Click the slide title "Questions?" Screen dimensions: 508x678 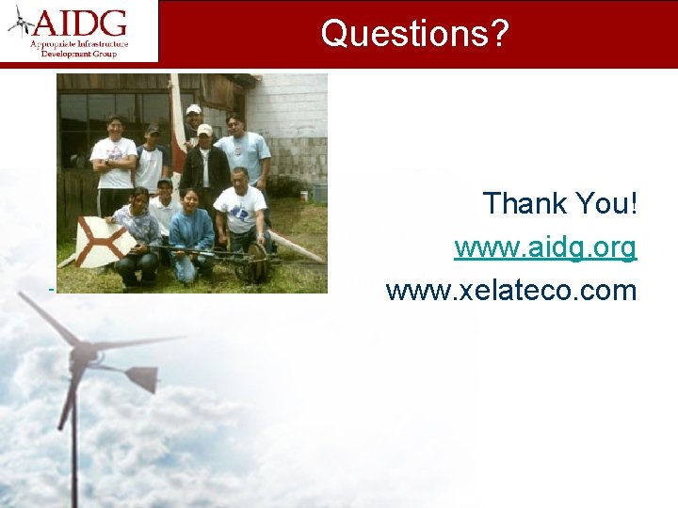click(413, 33)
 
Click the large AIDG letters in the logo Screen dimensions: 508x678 click(82, 22)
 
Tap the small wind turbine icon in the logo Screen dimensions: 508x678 click(22, 22)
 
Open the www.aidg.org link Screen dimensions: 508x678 click(545, 247)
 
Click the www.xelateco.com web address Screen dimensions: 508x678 click(511, 291)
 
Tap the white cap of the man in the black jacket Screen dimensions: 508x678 click(204, 130)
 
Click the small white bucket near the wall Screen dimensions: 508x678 click(304, 196)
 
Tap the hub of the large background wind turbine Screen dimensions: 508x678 click(83, 355)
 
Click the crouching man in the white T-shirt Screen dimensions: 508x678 click(240, 212)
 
